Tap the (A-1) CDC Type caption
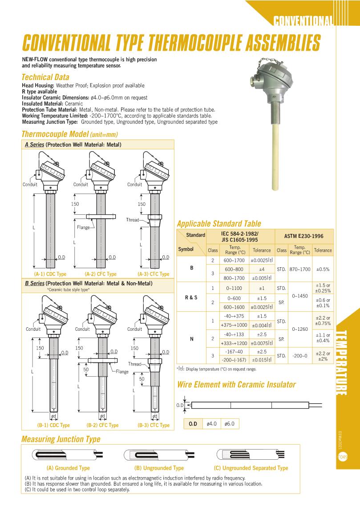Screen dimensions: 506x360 [x=50, y=274]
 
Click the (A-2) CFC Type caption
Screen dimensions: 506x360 [x=101, y=274]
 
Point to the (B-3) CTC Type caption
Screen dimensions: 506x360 [x=154, y=425]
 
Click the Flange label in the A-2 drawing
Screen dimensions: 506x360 [x=83, y=227]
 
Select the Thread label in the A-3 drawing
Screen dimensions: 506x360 [x=133, y=220]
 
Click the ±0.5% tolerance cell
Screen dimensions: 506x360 [x=323, y=269]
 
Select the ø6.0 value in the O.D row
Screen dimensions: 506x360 [x=231, y=424]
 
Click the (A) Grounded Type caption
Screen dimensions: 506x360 [x=68, y=468]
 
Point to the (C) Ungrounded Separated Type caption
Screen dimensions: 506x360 [x=251, y=468]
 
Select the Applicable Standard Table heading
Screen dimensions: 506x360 [x=219, y=224]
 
